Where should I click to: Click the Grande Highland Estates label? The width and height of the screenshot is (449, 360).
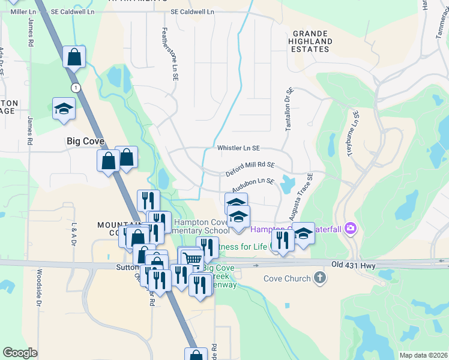[x=310, y=41]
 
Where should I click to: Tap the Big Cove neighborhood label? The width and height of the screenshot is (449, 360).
[x=85, y=142]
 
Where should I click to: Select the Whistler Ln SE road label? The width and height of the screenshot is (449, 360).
[x=238, y=148]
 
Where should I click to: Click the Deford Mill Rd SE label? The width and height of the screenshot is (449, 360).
[x=250, y=169]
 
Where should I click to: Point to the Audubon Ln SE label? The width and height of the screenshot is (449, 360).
[x=253, y=184]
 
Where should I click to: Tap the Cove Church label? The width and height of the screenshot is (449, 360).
[x=287, y=278]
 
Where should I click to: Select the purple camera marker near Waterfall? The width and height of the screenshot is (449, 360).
[x=351, y=228]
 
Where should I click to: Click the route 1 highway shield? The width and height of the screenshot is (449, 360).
[x=75, y=88]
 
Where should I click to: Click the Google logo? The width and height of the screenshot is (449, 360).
[x=20, y=353]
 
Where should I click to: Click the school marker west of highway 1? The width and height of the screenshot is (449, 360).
[x=64, y=109]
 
